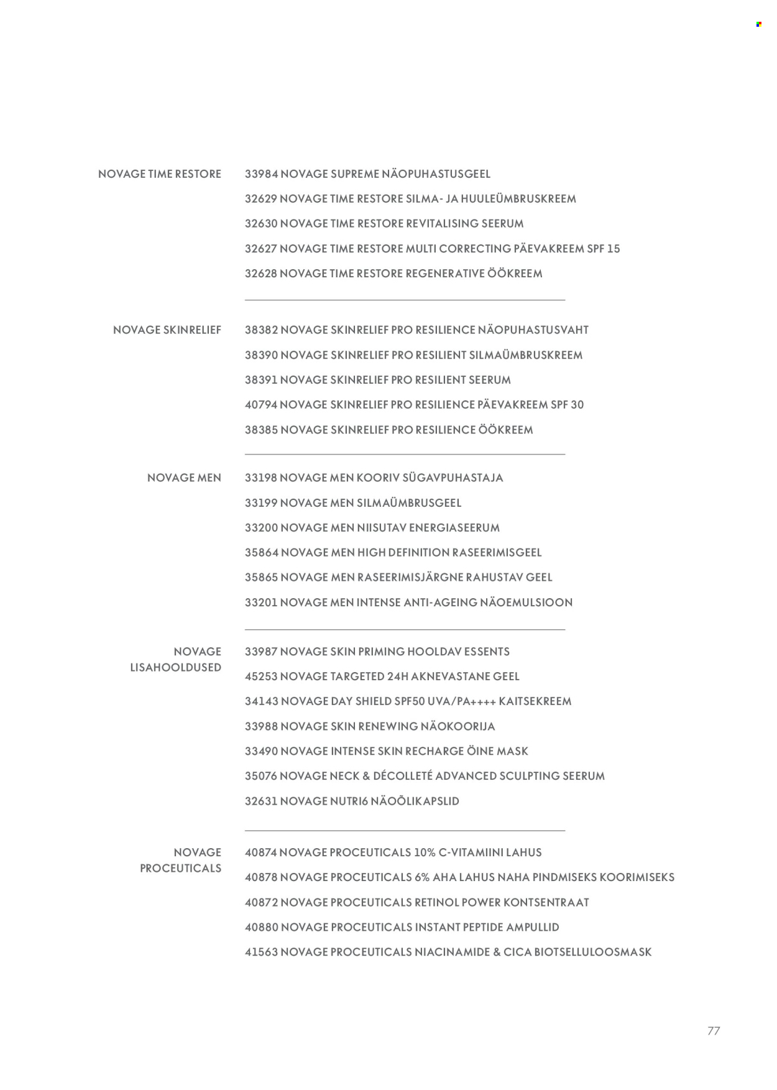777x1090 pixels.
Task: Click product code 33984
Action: coord(260,174)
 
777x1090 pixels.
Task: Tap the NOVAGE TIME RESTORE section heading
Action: coord(160,174)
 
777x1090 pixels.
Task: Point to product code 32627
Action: coord(260,249)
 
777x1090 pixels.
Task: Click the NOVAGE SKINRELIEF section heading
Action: coord(167,330)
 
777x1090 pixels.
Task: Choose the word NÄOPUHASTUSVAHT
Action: coord(533,330)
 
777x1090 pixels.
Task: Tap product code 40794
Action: coord(260,405)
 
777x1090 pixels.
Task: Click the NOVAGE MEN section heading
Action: coord(184,478)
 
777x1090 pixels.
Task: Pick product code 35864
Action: coord(261,553)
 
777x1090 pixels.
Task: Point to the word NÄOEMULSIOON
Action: coord(526,603)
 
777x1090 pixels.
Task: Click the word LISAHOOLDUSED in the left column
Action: coord(176,668)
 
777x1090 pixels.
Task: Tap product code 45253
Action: coord(260,677)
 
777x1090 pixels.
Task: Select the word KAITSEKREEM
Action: coord(535,701)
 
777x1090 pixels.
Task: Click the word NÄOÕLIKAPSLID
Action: coord(415,801)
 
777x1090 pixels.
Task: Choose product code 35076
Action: coord(260,776)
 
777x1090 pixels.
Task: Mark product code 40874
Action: coord(260,852)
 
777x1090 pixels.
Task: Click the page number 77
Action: coord(714,1031)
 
